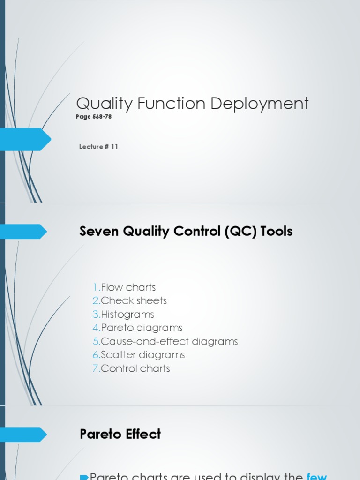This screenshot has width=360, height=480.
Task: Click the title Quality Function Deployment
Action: point(192,104)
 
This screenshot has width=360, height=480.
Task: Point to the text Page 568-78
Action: point(94,117)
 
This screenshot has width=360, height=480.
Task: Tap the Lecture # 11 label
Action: point(98,147)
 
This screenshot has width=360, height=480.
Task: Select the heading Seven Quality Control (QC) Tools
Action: point(186,231)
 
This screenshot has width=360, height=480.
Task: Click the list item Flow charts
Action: point(128,287)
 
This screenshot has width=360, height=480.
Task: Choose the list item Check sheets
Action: point(134,300)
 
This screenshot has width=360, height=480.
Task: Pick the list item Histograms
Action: point(127,314)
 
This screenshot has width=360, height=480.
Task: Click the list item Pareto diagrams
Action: point(141,328)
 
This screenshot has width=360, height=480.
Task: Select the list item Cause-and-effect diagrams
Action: point(169,341)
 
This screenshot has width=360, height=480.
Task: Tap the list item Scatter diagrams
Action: point(142,355)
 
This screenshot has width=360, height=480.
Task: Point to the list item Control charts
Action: point(135,368)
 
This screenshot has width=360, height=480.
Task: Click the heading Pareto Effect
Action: point(120,434)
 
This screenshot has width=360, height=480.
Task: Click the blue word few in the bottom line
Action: point(317,476)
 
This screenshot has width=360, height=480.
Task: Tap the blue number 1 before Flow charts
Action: point(96,287)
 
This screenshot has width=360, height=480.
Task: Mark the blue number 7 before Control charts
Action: point(96,368)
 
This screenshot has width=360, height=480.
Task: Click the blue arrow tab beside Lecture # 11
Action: point(26,139)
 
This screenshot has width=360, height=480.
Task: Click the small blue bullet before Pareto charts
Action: point(84,477)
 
